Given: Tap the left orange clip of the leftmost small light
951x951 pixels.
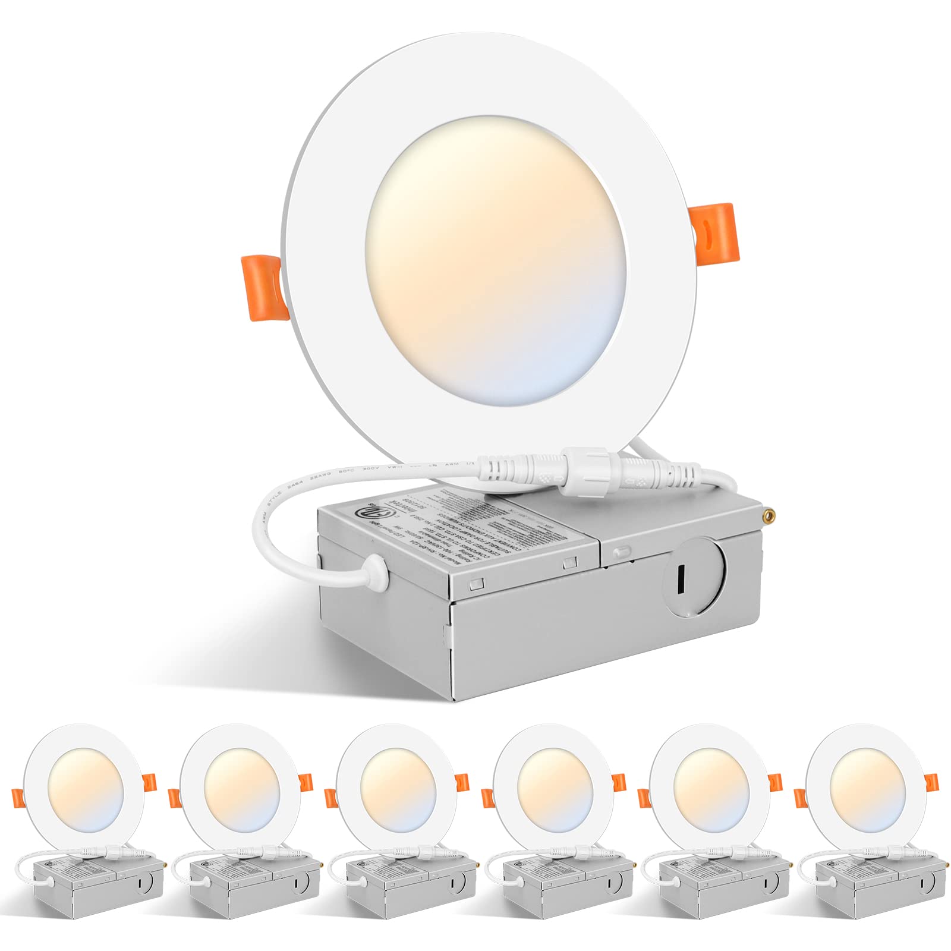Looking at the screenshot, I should click(x=17, y=797).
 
